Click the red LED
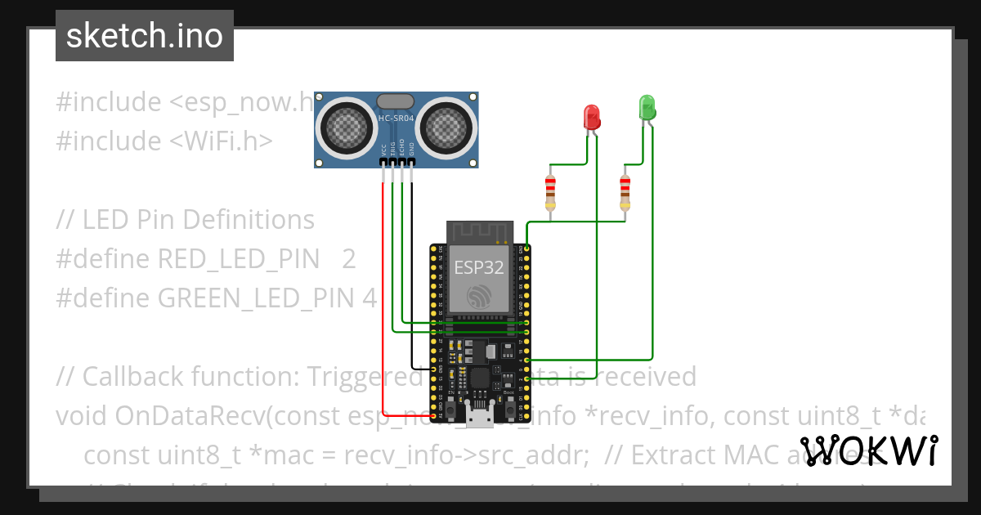click(591, 117)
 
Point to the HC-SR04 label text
click(396, 119)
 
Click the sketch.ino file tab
click(145, 36)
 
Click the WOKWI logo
click(869, 450)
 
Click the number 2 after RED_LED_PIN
click(349, 259)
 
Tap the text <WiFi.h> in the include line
click(221, 141)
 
